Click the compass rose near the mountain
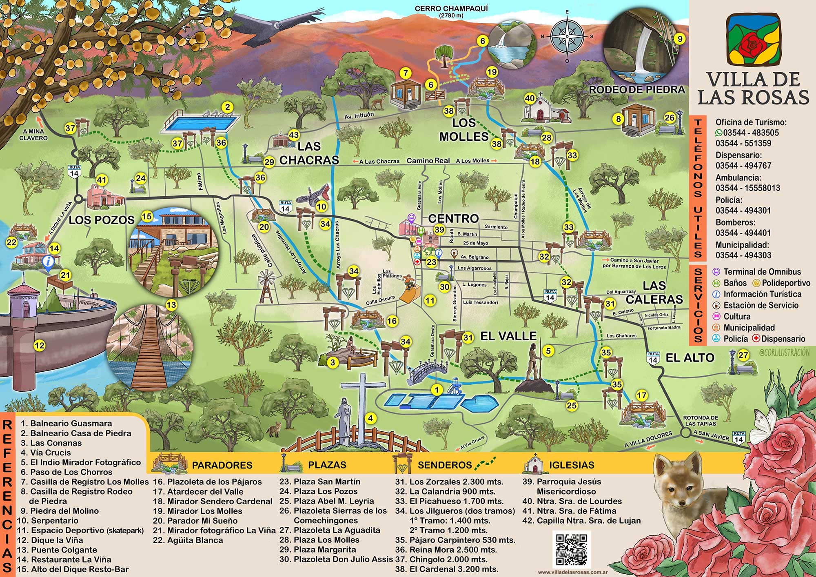coord(567,37)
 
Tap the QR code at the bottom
coord(571,549)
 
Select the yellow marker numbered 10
coord(322,206)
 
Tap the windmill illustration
coord(266,286)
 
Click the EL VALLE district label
coord(508,336)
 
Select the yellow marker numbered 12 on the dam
coord(39,346)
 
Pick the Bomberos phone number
coord(743,233)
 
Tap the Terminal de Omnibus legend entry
coord(757,272)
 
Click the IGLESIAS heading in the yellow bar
coord(571,465)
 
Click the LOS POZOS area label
coord(101,220)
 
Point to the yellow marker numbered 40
coord(530,98)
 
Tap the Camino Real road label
coord(428,161)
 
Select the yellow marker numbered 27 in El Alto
coord(743,355)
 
